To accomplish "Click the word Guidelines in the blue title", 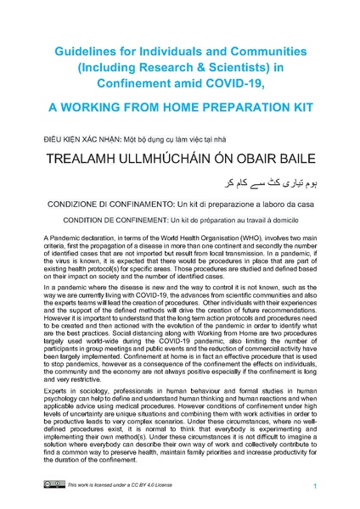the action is pos(87,52).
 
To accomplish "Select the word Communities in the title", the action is pos(245,52).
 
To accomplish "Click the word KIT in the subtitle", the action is pos(287,108).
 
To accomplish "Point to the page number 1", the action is pos(314,485).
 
